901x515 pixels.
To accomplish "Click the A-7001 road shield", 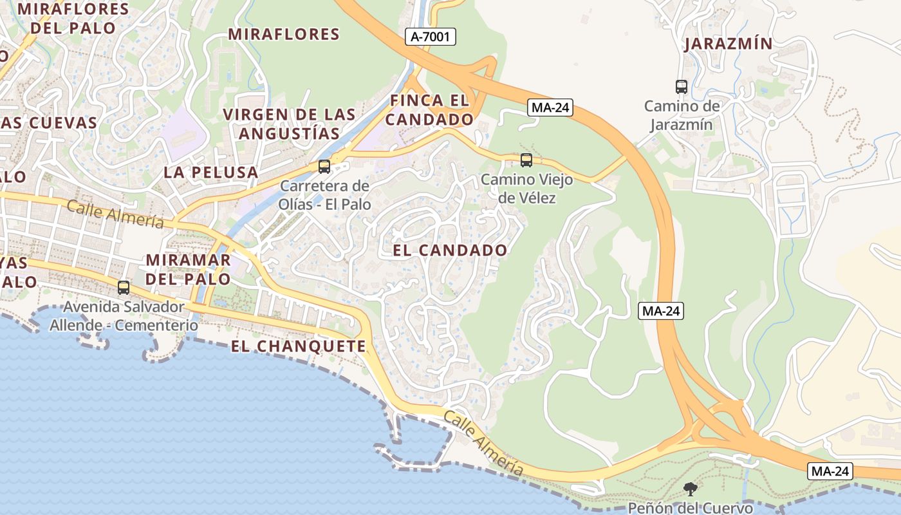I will point(431,37).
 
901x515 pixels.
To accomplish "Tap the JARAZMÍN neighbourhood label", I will point(728,44).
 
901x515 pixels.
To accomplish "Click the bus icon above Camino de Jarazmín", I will point(682,86).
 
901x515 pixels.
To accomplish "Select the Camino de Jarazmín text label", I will point(682,115).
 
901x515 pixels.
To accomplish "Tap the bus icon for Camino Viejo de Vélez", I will point(526,160).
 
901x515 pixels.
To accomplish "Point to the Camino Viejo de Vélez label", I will point(526,189).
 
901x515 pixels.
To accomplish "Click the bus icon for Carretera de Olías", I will point(324,167).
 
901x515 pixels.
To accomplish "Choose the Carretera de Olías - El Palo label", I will point(325,195).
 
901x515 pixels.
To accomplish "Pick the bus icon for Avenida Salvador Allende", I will point(124,287).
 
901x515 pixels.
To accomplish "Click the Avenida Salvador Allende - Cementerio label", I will point(124,316).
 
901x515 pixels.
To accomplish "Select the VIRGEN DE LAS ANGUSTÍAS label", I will point(289,124).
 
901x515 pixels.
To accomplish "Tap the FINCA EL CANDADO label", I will point(430,109).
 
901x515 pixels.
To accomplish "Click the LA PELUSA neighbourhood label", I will point(210,172).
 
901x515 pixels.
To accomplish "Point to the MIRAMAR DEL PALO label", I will point(189,269).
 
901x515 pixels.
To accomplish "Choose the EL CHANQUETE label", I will point(299,346).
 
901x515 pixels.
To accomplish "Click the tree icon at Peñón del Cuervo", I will point(691,489).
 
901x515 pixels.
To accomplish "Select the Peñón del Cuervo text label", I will point(691,508).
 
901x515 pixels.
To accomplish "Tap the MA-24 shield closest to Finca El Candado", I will point(550,108).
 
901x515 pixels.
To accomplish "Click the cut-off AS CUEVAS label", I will point(49,122).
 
